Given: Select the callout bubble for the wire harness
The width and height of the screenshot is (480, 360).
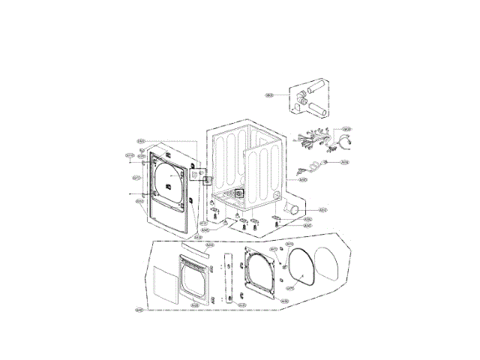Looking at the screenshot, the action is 347,128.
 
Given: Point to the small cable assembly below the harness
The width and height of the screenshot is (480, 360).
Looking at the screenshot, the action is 313,166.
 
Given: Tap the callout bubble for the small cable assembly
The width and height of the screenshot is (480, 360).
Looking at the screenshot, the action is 345,161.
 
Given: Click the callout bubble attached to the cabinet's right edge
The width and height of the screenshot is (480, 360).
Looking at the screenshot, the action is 303,179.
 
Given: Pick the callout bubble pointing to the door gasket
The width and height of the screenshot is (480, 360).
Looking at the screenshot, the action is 285,301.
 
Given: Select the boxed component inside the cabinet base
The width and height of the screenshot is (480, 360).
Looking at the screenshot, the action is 239,193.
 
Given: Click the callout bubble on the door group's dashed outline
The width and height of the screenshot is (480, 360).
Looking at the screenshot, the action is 139,310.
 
